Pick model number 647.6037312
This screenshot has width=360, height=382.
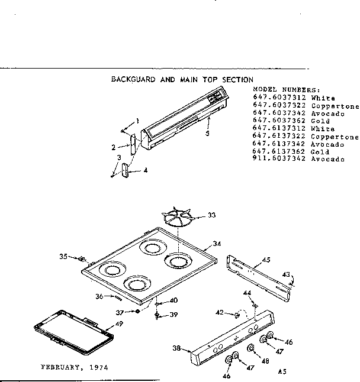pos(279,97)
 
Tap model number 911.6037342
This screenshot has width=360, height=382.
pos(279,160)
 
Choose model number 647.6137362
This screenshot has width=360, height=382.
pos(279,152)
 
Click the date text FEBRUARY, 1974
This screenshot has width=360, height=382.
pos(74,367)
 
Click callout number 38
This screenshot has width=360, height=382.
pos(177,349)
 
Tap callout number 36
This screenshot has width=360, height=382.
pos(100,297)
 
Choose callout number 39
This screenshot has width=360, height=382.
pos(173,314)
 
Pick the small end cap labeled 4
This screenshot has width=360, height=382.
pos(126,171)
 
